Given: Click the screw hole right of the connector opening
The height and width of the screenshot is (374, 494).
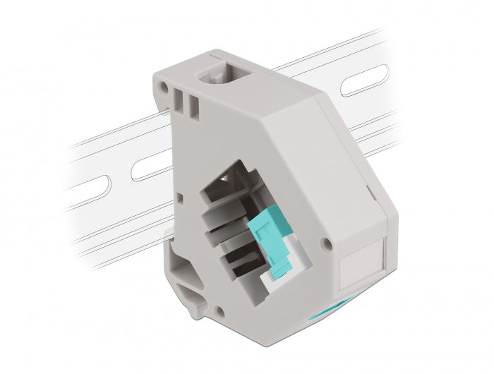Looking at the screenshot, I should coord(325,243).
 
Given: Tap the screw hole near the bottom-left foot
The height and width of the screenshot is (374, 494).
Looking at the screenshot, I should coord(220,310).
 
